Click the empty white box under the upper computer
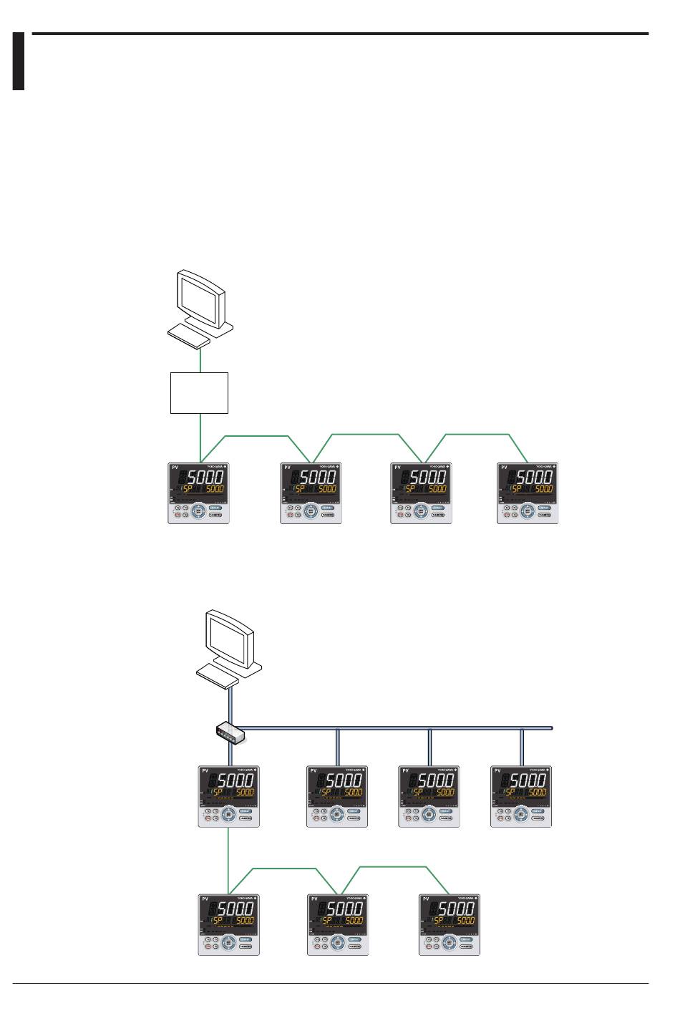click(199, 392)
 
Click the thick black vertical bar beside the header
click(19, 61)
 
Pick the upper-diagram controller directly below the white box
click(199, 493)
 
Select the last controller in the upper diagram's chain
click(528, 493)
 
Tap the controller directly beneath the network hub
click(228, 797)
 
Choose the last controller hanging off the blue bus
click(522, 797)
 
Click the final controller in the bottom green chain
click(449, 924)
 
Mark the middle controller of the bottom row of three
click(338, 924)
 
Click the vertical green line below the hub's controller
click(228, 859)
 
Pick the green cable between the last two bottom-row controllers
click(394, 867)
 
